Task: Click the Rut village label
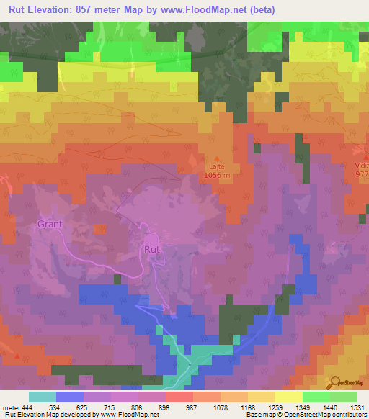[x=152, y=249]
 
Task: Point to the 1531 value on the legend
[x=357, y=408]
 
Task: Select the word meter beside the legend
[x=10, y=408]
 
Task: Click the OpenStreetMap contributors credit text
[x=327, y=415]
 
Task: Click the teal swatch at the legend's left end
[x=43, y=397]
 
